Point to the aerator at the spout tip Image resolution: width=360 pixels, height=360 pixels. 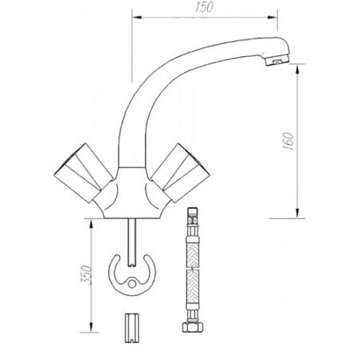(x=274, y=59)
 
